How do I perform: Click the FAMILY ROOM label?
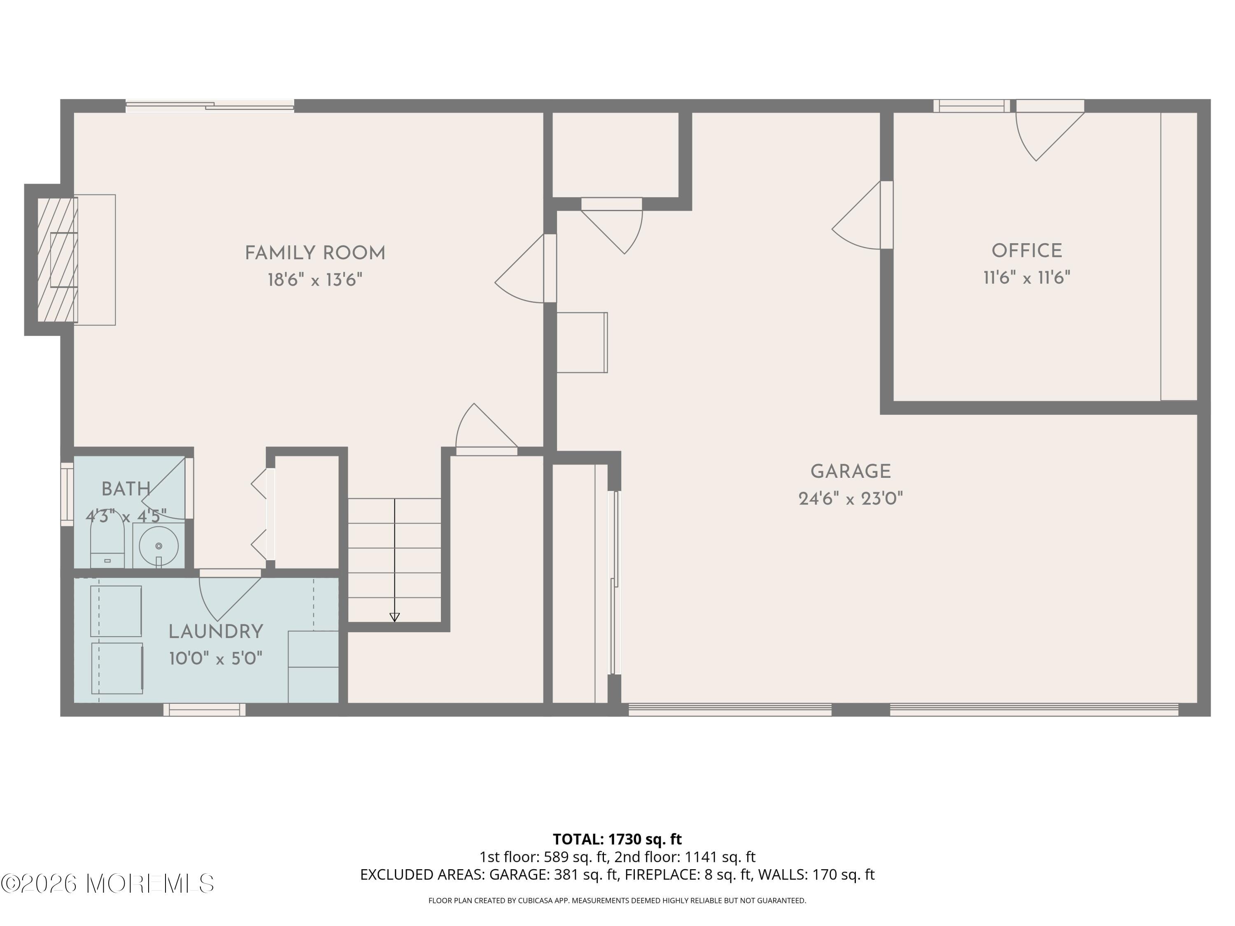(315, 254)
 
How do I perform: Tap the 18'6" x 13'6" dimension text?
(315, 279)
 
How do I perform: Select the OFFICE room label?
(1026, 251)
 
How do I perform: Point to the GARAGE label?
(851, 472)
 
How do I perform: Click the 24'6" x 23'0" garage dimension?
(851, 498)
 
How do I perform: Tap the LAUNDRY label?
(216, 632)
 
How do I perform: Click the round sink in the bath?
(158, 545)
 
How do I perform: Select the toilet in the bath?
(107, 544)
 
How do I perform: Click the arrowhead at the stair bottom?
(394, 617)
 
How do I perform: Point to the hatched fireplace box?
(57, 260)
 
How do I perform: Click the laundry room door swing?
(226, 594)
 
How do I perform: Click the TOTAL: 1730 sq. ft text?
(617, 839)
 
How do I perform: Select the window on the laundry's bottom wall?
(204, 710)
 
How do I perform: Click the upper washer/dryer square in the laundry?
(116, 611)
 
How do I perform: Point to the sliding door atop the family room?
(210, 105)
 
